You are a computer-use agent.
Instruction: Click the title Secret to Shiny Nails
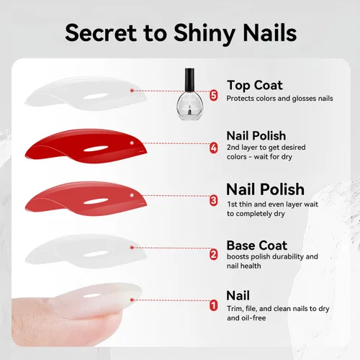pos(180,32)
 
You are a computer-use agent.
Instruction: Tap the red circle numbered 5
pos(213,95)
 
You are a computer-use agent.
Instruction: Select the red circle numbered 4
pos(213,148)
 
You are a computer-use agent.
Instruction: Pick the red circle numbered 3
pos(213,201)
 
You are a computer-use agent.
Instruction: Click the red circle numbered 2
pos(213,254)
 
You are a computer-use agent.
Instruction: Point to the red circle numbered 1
pos(213,305)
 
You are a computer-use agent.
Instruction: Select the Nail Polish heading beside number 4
pos(256,135)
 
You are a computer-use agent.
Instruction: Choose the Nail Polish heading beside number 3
pos(265,190)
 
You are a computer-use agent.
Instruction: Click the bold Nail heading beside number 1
pos(238,295)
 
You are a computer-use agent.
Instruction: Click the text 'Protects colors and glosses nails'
pos(280,99)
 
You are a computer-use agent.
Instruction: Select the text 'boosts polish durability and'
pos(272,257)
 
